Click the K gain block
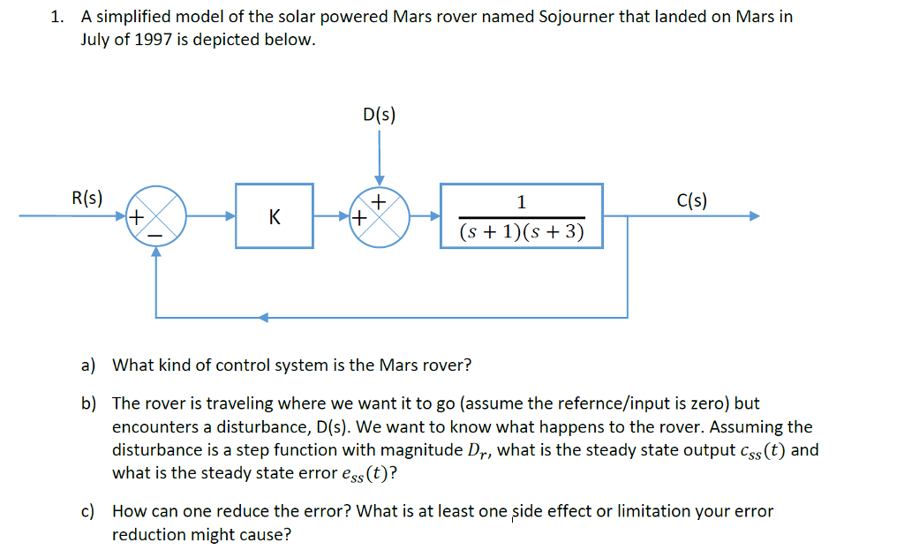coord(274,215)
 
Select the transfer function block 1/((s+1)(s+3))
coord(522,215)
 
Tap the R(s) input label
coord(87,199)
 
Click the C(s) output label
coord(691,200)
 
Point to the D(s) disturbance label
coord(380,114)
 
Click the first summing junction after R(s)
coord(157,215)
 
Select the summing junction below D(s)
coord(380,215)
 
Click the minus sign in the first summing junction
coord(154,235)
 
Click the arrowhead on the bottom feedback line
coord(263,317)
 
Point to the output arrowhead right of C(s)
coord(753,215)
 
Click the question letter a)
coord(88,365)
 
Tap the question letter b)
coord(88,403)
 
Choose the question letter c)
coord(88,511)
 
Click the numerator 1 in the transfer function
coord(521,202)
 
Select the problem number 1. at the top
coord(56,17)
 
